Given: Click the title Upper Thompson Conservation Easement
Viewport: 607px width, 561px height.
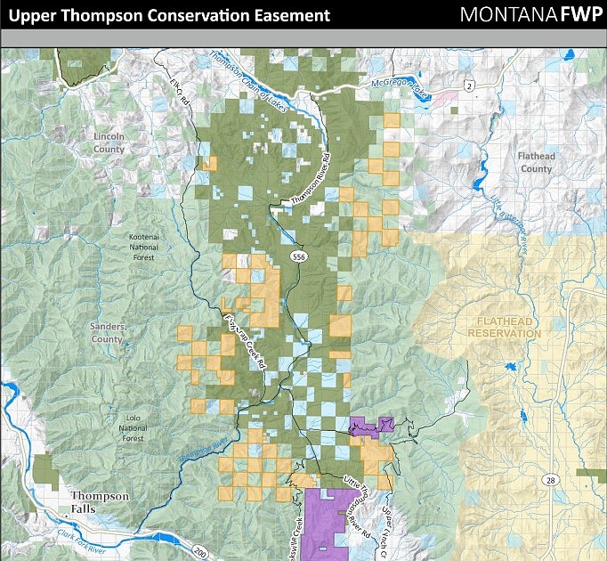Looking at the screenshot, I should [x=169, y=16].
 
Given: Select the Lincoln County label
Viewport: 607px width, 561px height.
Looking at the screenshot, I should [x=109, y=142].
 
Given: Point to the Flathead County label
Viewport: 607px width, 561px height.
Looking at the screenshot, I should [x=536, y=162].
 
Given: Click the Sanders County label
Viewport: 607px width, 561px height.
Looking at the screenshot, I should [x=107, y=333].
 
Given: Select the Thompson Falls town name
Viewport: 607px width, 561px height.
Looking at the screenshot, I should [x=99, y=502].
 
